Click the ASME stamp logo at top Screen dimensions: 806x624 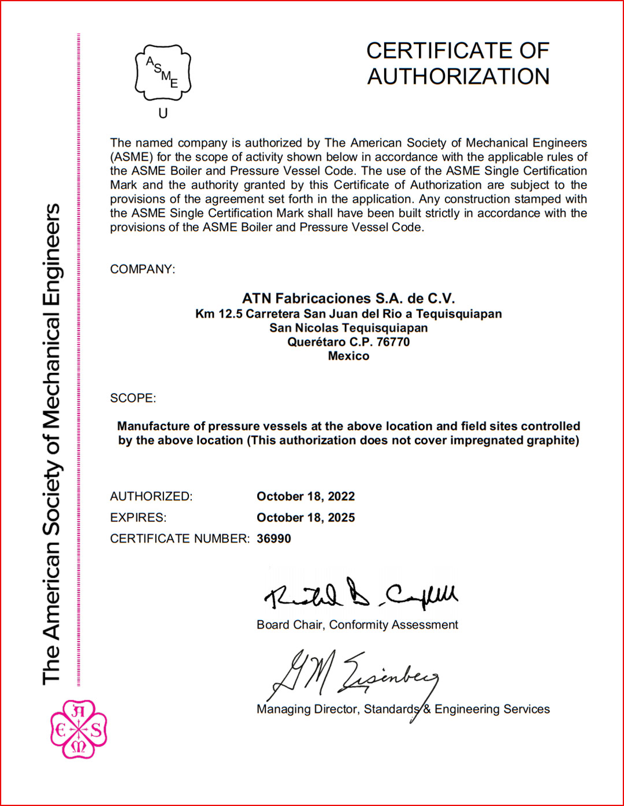(x=163, y=73)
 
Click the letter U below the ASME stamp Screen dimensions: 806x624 (x=163, y=113)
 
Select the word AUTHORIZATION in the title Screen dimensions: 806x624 (x=458, y=76)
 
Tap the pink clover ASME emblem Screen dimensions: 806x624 (x=79, y=729)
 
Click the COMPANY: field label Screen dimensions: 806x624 (x=142, y=269)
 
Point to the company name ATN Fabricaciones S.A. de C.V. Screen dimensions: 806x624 (x=348, y=298)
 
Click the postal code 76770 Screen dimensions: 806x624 (x=393, y=342)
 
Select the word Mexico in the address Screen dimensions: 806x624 (x=348, y=356)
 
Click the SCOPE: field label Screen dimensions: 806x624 (x=133, y=398)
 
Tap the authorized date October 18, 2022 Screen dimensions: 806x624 (x=306, y=497)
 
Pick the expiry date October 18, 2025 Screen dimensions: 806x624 (x=306, y=517)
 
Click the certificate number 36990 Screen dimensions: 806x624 (x=274, y=539)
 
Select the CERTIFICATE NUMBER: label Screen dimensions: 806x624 (x=180, y=539)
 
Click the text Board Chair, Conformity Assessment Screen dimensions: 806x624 (x=357, y=625)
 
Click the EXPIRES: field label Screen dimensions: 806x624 (x=138, y=517)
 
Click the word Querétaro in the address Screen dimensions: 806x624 (x=316, y=342)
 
